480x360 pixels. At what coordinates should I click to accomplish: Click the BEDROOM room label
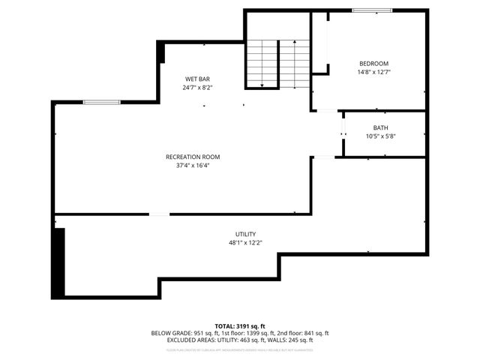tap(373, 64)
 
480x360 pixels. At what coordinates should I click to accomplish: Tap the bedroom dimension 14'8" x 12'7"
tap(373, 72)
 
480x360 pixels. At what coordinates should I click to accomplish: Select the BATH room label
tap(381, 127)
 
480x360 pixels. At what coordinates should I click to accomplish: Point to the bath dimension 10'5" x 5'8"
tap(381, 136)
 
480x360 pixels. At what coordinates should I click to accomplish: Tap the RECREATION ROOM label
tap(193, 157)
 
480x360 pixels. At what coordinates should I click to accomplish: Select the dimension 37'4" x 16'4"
tap(193, 165)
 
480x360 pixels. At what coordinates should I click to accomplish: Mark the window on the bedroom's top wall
tap(371, 10)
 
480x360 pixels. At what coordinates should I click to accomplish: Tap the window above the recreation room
tap(102, 102)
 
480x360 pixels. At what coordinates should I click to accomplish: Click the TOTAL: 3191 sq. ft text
tap(240, 325)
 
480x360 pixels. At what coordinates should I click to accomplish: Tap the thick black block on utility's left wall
tap(58, 262)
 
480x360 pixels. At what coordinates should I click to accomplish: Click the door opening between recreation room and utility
tap(159, 215)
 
